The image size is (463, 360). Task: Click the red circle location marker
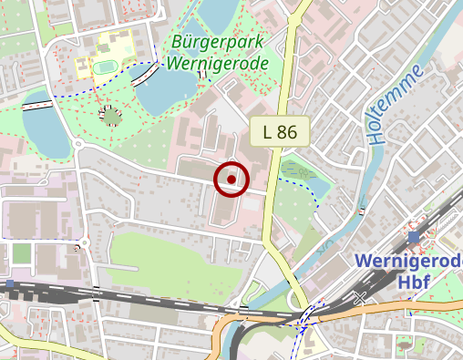tap(231, 179)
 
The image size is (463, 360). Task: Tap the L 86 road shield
tap(280, 131)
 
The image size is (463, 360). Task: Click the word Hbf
tap(413, 282)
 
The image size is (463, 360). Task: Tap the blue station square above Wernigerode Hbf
tap(414, 237)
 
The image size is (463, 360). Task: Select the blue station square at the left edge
tap(10, 283)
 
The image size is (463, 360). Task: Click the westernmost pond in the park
tap(44, 123)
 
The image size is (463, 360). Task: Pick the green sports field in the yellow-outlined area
tap(104, 67)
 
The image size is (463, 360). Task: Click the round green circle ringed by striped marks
tap(111, 116)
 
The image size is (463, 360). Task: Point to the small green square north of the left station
tap(21, 252)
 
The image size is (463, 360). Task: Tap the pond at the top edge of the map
tap(215, 11)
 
